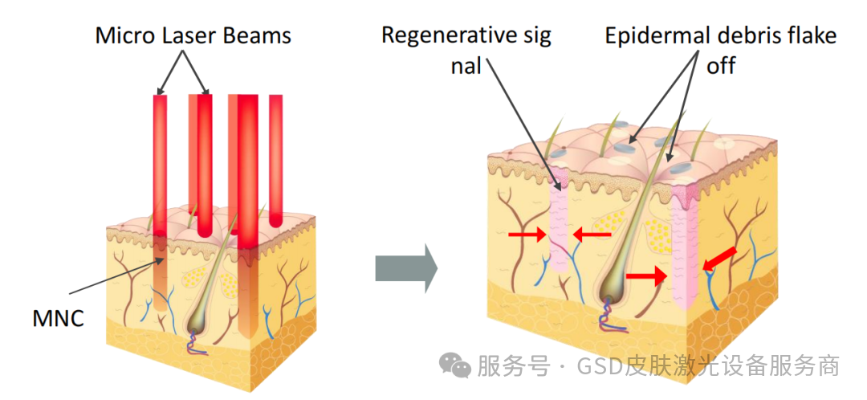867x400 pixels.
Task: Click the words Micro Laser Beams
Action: tap(193, 35)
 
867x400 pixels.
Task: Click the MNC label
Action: tap(58, 318)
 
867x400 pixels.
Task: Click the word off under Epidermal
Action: tap(720, 65)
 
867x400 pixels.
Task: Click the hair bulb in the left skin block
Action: tap(197, 322)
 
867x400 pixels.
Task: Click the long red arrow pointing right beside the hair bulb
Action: tap(647, 276)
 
